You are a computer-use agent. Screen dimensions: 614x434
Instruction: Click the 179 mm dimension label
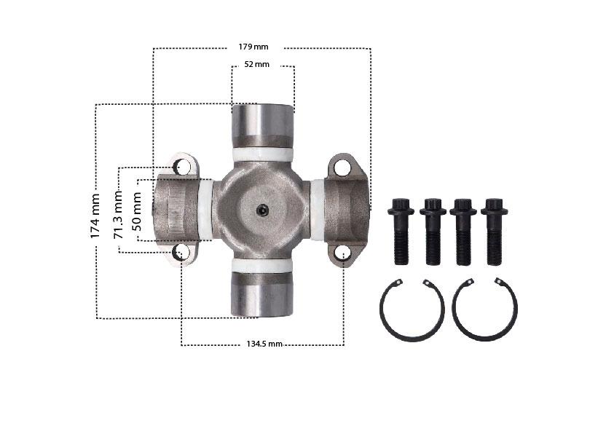(x=253, y=47)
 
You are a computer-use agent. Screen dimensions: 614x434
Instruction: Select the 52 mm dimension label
(x=257, y=64)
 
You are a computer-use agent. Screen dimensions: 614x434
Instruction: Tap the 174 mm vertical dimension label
(x=95, y=216)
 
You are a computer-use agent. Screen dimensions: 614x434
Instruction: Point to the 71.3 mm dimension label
(x=118, y=215)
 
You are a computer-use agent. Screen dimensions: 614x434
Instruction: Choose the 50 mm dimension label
(x=137, y=211)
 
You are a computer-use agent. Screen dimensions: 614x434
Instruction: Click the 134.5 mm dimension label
(x=264, y=344)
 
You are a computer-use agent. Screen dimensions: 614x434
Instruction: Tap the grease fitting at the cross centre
(x=262, y=211)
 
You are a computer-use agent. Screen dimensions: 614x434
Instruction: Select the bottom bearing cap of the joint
(x=262, y=294)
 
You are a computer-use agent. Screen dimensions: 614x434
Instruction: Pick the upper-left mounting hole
(x=181, y=167)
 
